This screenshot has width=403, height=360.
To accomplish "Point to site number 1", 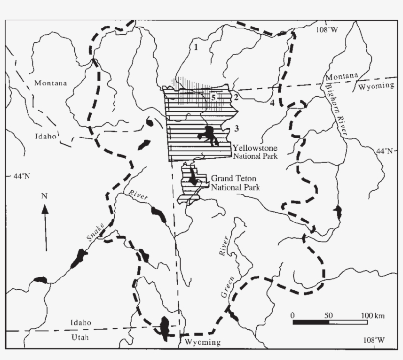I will (196, 48).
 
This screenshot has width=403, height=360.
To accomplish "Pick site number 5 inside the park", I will (213, 97).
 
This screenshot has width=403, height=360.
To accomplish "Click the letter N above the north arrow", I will (44, 196).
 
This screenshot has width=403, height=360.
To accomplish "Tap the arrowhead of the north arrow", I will (45, 209).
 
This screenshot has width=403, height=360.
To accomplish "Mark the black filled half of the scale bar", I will (311, 322).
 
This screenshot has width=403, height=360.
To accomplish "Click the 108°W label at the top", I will (327, 30).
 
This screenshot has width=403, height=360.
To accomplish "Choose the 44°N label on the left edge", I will (20, 175).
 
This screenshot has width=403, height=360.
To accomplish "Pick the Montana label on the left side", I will (51, 83).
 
